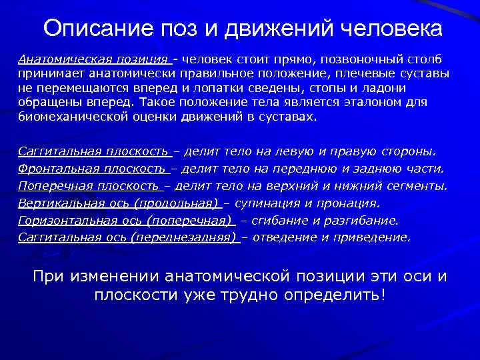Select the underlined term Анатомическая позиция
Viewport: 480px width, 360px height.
[94, 58]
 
